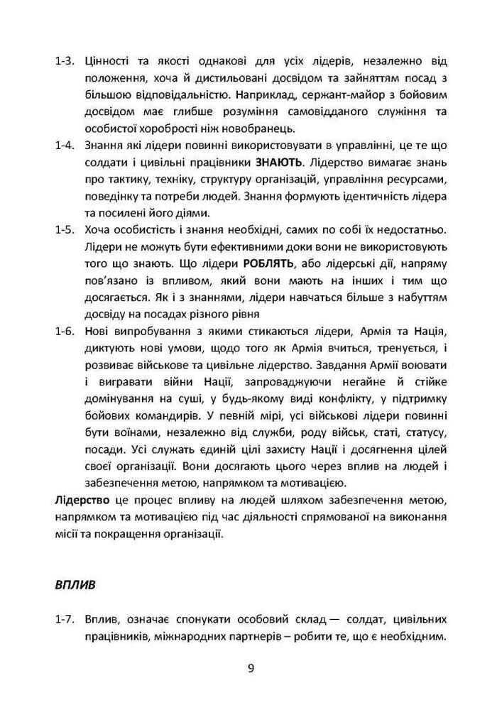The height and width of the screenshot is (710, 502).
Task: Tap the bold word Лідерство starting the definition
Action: click(x=82, y=502)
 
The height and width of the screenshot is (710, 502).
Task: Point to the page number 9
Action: click(x=251, y=667)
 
